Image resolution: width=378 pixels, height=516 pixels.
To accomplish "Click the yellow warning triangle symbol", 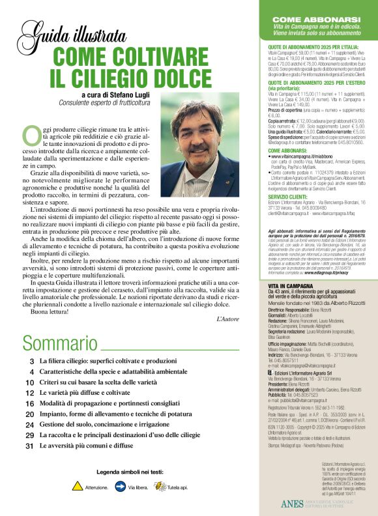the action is pyautogui.click(x=77, y=486).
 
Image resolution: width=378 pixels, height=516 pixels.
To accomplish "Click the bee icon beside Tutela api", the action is pyautogui.click(x=160, y=486).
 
